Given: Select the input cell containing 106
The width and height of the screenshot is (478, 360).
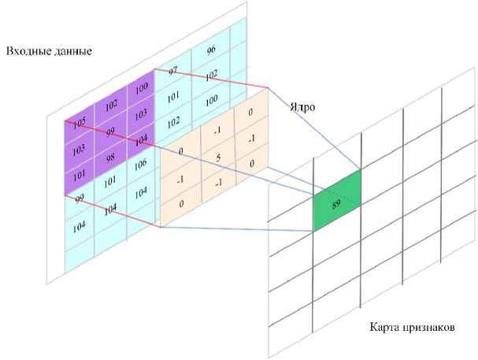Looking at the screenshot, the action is (139, 165).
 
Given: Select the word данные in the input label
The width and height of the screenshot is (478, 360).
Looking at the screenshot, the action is (72, 52).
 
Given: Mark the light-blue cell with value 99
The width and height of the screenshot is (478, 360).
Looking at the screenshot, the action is (78, 199).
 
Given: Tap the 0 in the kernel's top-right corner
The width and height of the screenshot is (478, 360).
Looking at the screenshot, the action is (250, 113).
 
